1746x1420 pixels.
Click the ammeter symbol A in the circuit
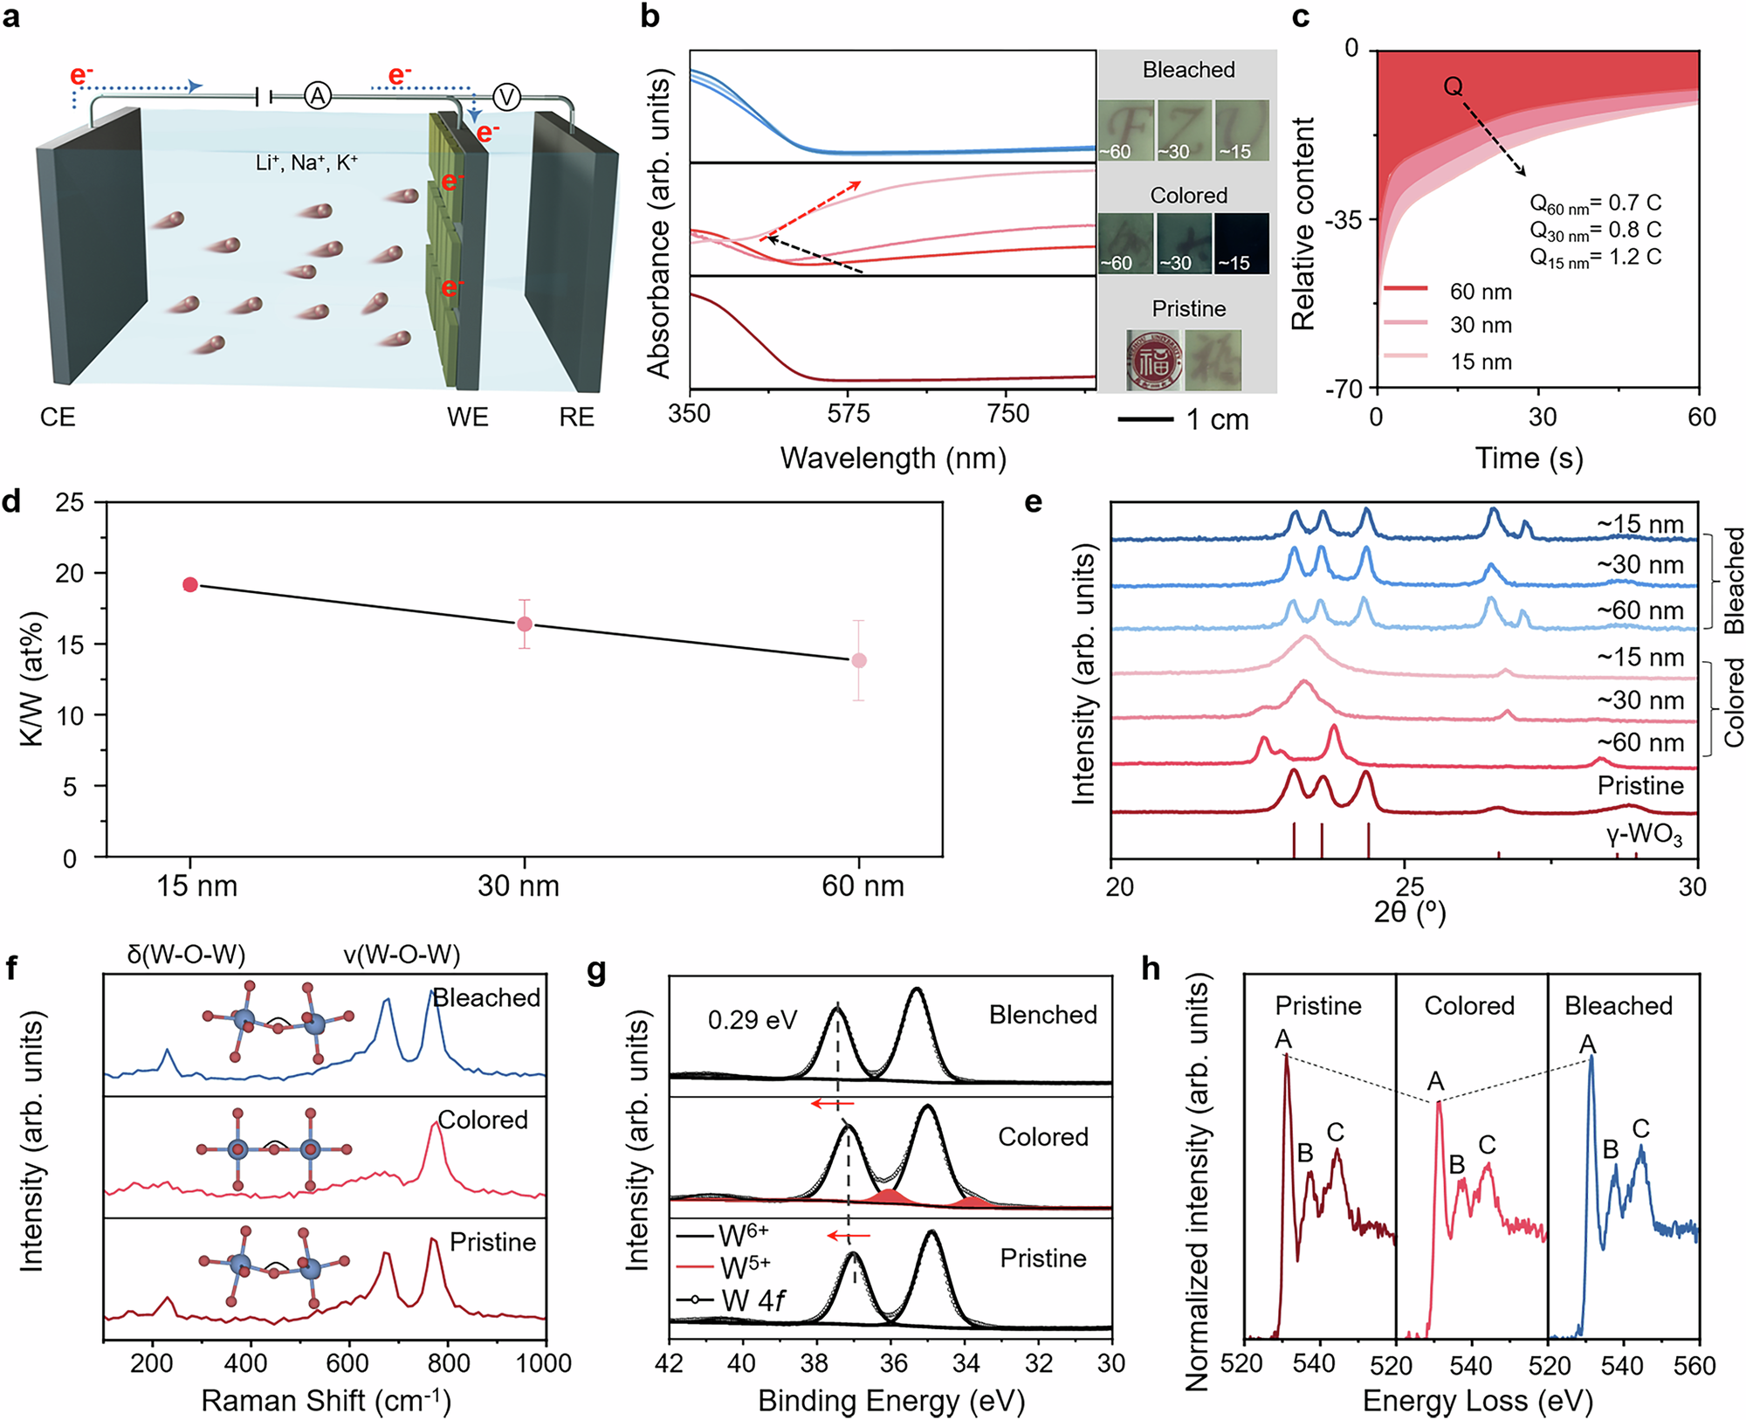tap(318, 96)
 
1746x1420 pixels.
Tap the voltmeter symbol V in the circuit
tap(506, 97)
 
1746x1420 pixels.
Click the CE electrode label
tap(58, 417)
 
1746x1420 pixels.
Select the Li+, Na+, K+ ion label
tap(306, 162)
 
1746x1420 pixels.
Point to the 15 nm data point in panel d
tap(190, 584)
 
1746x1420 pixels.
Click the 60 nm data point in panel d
tap(859, 660)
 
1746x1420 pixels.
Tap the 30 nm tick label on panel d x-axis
tap(519, 886)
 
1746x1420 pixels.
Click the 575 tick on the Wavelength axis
tap(849, 414)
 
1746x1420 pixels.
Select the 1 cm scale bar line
tap(1145, 420)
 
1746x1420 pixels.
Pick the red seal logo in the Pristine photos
tap(1153, 359)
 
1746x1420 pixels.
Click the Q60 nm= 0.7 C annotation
tap(1595, 203)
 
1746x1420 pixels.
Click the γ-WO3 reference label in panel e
tap(1644, 837)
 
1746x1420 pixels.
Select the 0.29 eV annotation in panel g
tap(753, 1020)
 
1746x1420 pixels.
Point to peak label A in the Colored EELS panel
tap(1435, 1081)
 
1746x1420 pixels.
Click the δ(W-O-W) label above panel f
tap(186, 954)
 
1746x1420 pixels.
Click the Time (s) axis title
tap(1529, 458)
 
